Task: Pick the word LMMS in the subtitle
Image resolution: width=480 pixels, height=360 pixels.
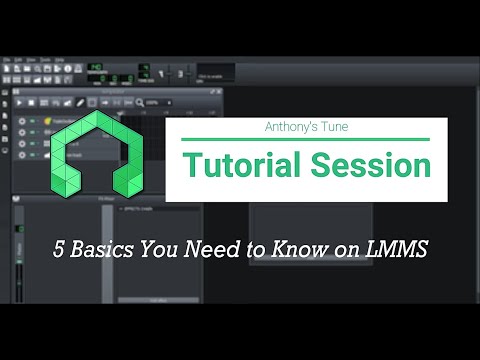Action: click(398, 250)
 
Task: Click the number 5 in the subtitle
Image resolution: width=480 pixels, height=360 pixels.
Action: click(59, 250)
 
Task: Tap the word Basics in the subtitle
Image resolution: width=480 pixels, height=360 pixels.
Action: click(100, 250)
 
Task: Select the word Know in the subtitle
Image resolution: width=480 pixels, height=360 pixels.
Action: click(305, 250)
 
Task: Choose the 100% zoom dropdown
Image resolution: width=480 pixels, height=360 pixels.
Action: click(155, 102)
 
